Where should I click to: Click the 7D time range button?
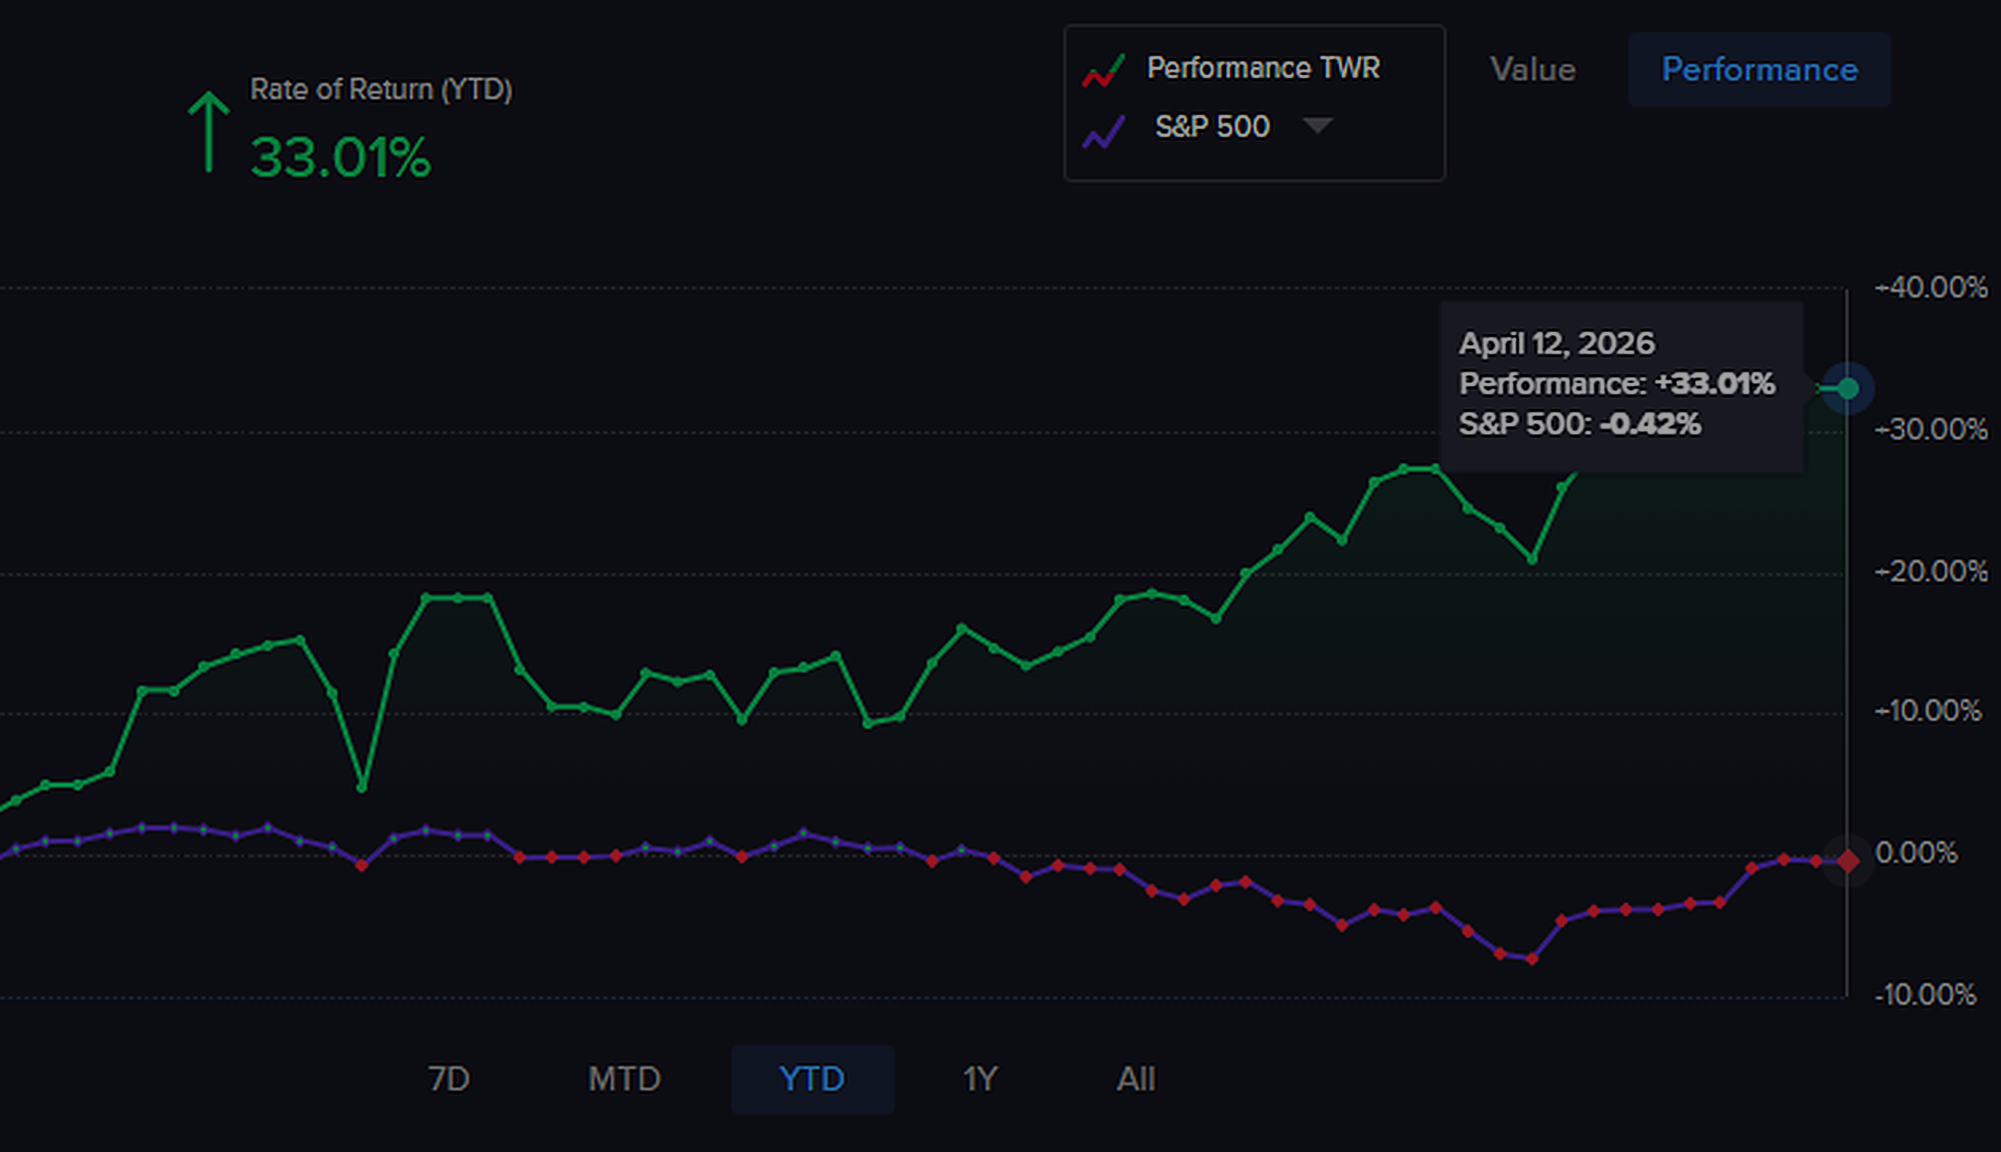point(449,1079)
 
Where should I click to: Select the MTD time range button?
point(624,1079)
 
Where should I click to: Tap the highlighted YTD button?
point(812,1079)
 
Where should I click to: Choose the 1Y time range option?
point(980,1079)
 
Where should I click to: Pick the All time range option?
point(1136,1079)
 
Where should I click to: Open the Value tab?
point(1532,70)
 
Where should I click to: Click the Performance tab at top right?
point(1759,70)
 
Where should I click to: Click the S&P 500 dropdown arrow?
point(1317,125)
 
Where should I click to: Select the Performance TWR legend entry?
point(1263,68)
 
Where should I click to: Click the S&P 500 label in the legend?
point(1212,127)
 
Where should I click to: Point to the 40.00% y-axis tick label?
point(1932,288)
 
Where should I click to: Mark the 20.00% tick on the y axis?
point(1932,572)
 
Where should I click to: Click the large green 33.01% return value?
point(340,158)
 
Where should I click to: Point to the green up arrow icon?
point(208,131)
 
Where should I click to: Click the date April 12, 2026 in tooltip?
point(1556,343)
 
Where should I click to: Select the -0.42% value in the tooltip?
point(1650,423)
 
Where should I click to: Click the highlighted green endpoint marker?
point(1847,388)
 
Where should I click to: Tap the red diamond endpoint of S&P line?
point(1847,861)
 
